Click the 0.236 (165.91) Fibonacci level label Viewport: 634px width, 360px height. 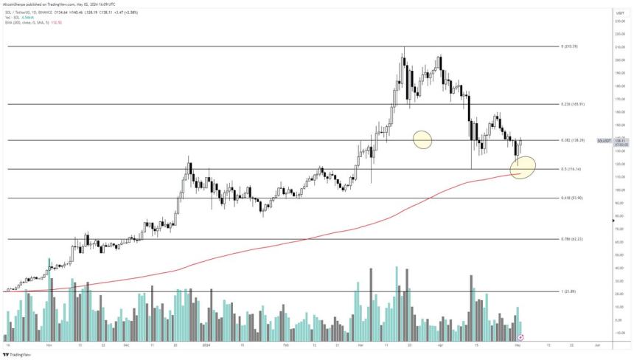click(572, 104)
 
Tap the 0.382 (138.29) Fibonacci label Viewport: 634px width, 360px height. click(572, 139)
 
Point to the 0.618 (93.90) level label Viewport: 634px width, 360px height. click(572, 198)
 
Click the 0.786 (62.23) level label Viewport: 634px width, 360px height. click(572, 239)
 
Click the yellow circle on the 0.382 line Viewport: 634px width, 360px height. click(422, 139)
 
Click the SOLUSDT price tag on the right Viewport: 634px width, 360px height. click(602, 140)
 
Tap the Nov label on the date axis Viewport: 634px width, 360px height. click(49, 345)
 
